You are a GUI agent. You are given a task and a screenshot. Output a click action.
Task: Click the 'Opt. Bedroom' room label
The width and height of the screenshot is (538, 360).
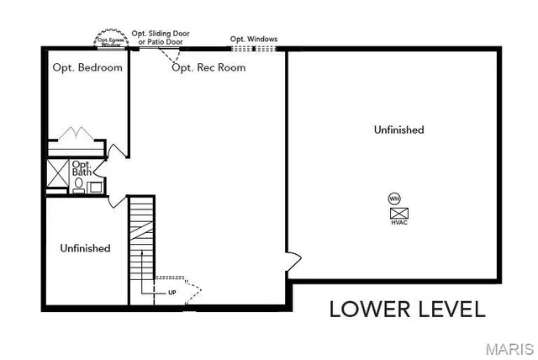pyautogui.click(x=87, y=67)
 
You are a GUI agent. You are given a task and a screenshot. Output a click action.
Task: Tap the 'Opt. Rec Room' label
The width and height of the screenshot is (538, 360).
pyautogui.click(x=208, y=67)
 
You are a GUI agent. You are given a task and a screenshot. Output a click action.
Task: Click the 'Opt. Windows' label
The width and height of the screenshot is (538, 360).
pyautogui.click(x=254, y=39)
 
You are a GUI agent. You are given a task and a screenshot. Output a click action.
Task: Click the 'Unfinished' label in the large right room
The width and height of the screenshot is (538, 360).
pyautogui.click(x=398, y=130)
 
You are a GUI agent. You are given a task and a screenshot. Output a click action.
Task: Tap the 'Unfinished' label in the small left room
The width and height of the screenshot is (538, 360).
pyautogui.click(x=85, y=248)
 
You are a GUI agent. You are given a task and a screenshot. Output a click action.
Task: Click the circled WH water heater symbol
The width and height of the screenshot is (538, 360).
pyautogui.click(x=394, y=199)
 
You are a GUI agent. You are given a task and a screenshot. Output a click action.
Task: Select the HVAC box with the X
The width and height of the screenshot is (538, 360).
pyautogui.click(x=398, y=213)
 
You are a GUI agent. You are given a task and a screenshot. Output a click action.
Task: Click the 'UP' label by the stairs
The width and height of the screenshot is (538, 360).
pyautogui.click(x=172, y=293)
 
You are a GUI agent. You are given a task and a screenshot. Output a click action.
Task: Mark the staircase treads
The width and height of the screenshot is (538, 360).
pyautogui.click(x=142, y=240)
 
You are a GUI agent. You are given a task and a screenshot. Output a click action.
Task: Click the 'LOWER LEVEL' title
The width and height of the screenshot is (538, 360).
pyautogui.click(x=407, y=309)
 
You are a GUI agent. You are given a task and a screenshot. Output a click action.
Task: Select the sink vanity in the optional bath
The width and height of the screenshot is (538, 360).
pyautogui.click(x=94, y=187)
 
